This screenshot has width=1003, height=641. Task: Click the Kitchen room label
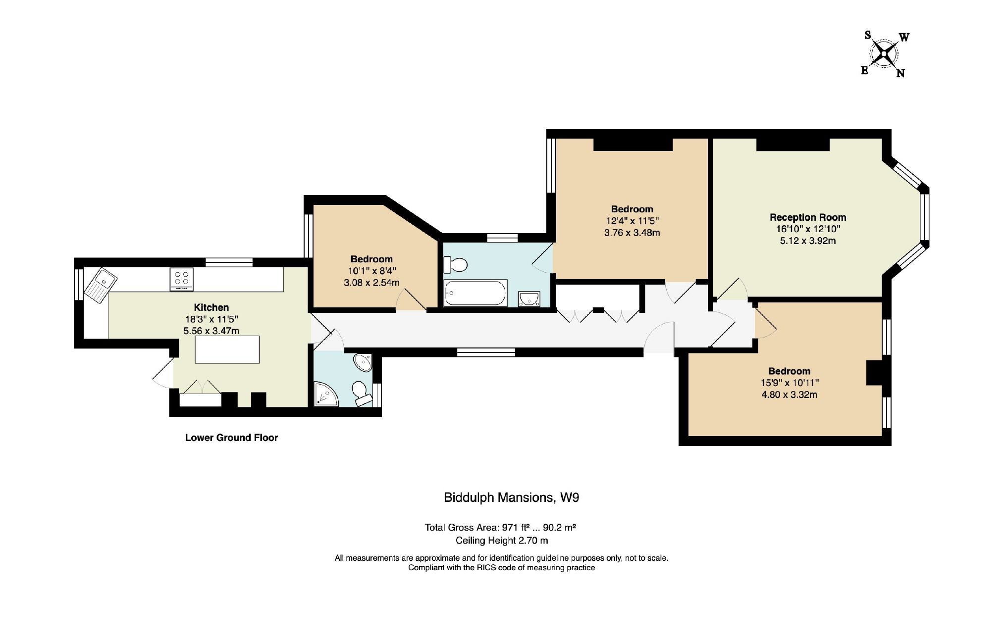click(x=211, y=307)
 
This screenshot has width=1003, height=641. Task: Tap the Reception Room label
click(x=807, y=217)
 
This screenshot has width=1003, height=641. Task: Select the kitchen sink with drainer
click(x=101, y=284)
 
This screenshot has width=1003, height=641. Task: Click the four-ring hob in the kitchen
click(x=181, y=279)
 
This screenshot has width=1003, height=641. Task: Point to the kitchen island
click(x=227, y=349)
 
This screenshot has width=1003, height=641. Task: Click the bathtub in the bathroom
click(x=475, y=294)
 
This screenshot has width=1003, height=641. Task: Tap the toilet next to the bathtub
click(x=455, y=265)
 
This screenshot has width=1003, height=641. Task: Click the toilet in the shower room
click(x=362, y=393)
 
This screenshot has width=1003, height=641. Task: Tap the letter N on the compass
click(x=900, y=73)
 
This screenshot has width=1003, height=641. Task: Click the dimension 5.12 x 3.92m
click(x=807, y=241)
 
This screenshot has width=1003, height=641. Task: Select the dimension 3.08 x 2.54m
click(x=371, y=283)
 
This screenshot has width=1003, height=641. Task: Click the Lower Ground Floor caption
click(x=231, y=438)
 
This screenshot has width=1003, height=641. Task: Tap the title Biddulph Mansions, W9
click(x=511, y=497)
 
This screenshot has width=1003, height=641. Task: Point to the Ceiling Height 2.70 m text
click(x=501, y=541)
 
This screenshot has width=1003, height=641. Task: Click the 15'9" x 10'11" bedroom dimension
click(x=789, y=383)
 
